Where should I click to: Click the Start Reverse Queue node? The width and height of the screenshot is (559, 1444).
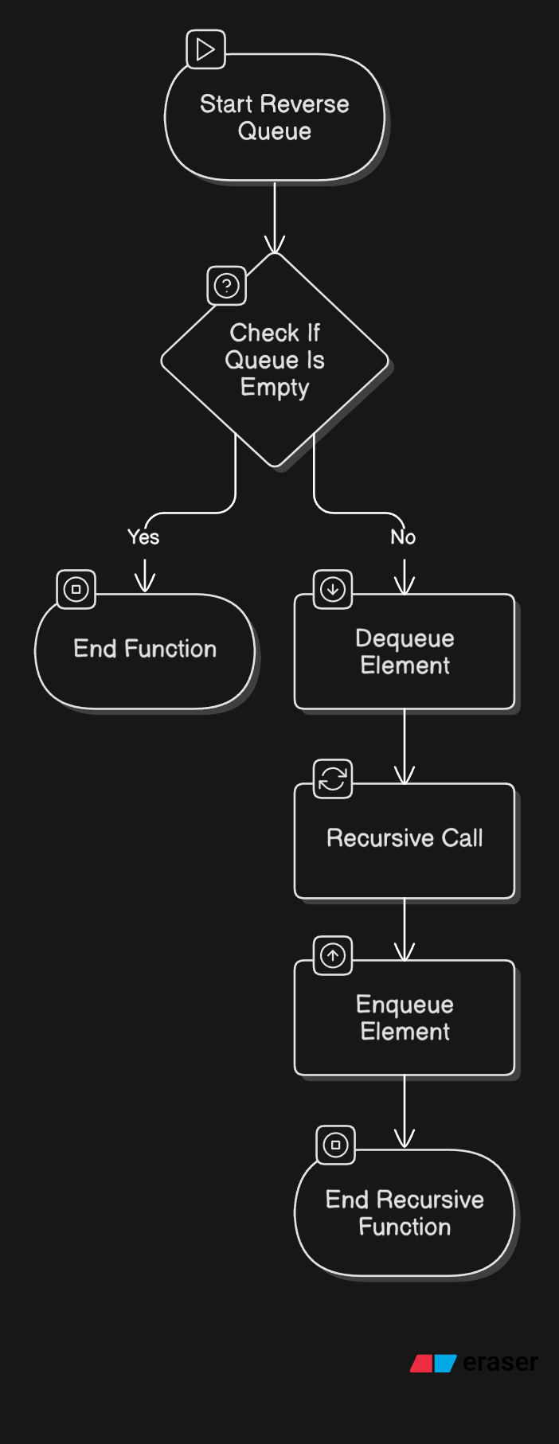[275, 118]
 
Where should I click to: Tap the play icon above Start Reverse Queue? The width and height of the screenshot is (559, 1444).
[205, 49]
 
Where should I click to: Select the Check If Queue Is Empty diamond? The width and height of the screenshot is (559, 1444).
[275, 360]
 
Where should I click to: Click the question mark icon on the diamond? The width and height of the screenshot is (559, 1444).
[227, 286]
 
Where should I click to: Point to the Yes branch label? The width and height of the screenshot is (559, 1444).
[143, 537]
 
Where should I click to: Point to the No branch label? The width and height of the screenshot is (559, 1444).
[403, 537]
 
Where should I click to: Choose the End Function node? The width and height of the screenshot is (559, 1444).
[145, 650]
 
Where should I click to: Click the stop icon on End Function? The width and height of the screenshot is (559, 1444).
[76, 590]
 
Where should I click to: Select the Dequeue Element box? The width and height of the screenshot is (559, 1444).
[405, 652]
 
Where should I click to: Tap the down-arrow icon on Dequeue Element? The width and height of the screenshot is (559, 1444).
[333, 590]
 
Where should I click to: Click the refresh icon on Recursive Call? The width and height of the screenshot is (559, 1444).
[333, 779]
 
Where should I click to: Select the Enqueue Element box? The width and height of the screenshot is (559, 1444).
[405, 1018]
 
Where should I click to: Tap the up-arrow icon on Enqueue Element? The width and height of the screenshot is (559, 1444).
[333, 955]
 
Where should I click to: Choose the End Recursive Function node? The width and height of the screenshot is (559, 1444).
[405, 1213]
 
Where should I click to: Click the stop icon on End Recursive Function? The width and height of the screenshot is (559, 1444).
[336, 1145]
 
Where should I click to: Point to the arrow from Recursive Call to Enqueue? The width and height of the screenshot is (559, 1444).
[405, 929]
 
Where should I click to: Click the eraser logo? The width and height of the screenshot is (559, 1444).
[475, 1363]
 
